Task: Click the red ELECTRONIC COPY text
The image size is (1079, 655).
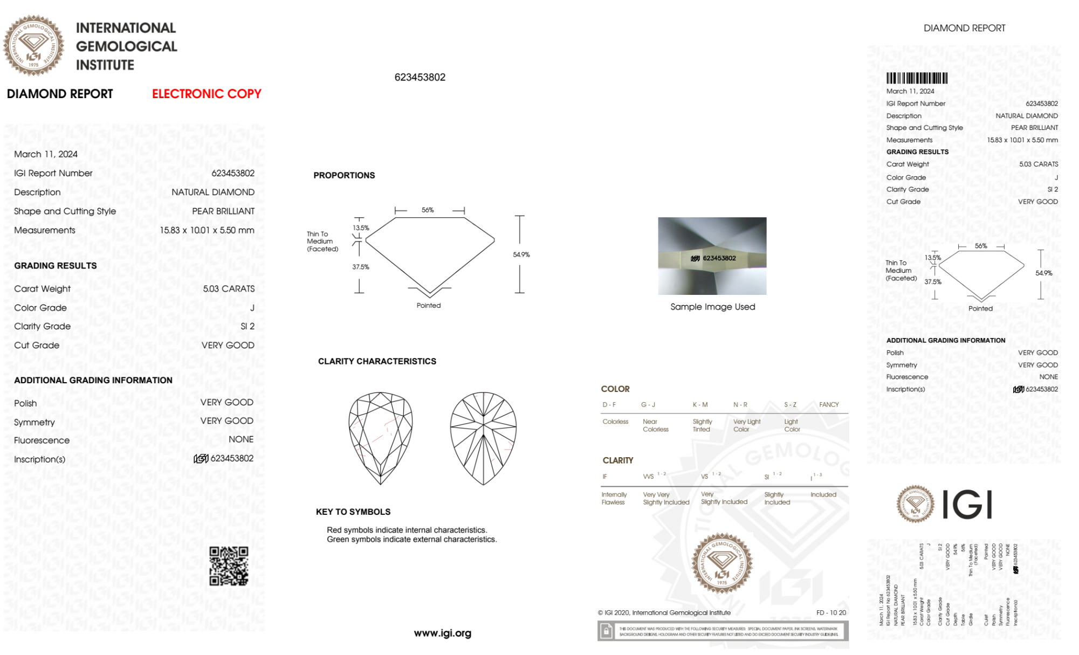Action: click(x=207, y=94)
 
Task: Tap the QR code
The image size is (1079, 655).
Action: click(x=229, y=566)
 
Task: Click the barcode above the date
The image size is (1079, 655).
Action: click(x=917, y=78)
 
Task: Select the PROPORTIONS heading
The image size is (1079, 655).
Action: click(x=344, y=175)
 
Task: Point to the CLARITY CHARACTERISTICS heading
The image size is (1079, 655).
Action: click(x=377, y=361)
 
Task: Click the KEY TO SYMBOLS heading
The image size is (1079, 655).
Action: click(x=353, y=512)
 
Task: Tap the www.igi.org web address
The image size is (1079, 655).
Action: click(x=442, y=633)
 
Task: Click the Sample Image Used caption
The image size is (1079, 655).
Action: click(x=712, y=307)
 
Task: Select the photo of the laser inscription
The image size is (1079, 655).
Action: click(x=712, y=256)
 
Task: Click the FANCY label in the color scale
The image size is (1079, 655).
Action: click(x=829, y=404)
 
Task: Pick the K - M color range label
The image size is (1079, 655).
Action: click(x=700, y=404)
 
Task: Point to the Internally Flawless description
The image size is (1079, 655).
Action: click(x=614, y=498)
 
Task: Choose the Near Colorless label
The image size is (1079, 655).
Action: click(x=655, y=425)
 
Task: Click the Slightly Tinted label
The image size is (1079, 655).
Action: click(x=702, y=425)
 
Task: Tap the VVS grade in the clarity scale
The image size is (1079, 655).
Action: click(x=649, y=477)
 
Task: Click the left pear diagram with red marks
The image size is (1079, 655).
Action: click(x=381, y=438)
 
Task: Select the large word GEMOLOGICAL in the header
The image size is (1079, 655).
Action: click(x=126, y=46)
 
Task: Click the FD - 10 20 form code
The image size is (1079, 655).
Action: click(x=831, y=612)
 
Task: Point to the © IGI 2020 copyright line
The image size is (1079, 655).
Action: click(x=664, y=612)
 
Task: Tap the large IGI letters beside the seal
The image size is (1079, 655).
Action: click(x=967, y=505)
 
